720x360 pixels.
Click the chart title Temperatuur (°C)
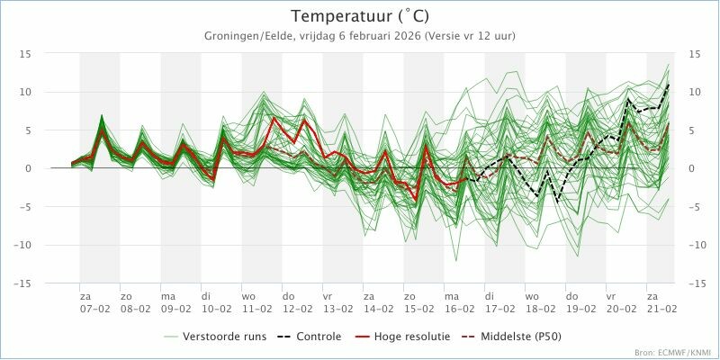coord(360,16)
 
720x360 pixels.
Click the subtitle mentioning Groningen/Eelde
coord(360,35)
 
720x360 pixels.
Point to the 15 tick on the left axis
coord(26,54)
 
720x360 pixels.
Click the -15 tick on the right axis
coord(694,283)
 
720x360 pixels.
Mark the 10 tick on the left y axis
coord(26,92)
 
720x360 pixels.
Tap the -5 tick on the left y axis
coord(26,207)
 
